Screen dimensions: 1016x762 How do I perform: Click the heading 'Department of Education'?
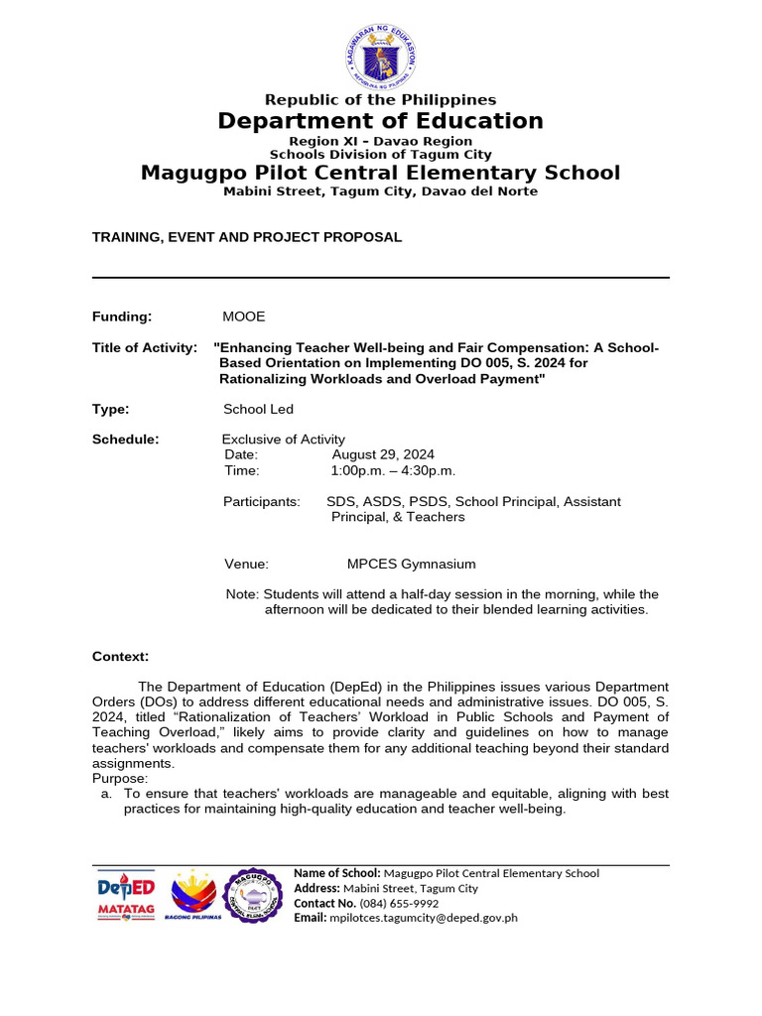381,121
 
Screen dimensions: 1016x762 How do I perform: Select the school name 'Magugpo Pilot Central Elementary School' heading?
381,173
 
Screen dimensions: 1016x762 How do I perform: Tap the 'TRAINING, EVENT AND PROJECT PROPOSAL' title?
247,237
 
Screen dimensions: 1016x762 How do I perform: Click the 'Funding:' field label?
122,317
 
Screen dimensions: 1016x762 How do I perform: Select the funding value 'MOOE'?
245,317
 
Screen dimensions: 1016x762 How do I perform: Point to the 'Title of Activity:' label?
145,347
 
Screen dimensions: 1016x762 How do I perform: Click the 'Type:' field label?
111,409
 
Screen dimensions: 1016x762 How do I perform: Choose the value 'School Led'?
259,409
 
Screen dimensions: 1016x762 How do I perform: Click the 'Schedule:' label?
126,440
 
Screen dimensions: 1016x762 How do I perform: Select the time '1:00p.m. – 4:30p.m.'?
394,470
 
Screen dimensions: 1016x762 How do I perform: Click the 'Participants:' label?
262,502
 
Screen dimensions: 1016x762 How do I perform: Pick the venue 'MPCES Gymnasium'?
411,564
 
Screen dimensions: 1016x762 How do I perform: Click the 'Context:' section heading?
121,657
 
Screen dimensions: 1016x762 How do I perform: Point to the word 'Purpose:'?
120,779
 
